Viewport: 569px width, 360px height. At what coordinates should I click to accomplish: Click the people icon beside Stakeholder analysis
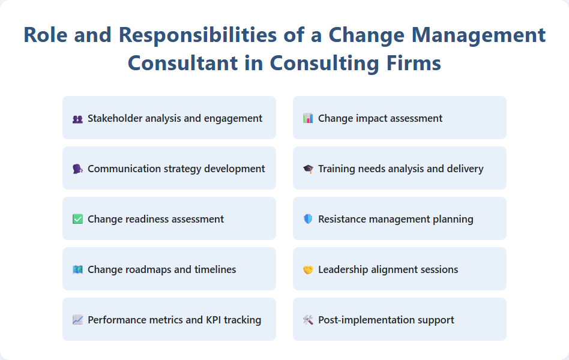tap(77, 119)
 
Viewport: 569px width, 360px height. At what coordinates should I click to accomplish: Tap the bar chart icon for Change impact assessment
tap(308, 119)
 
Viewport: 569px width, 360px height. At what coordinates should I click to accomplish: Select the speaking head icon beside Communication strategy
tap(77, 169)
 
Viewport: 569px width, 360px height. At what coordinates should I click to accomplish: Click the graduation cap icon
tap(308, 169)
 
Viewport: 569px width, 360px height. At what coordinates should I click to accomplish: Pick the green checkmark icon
tap(77, 220)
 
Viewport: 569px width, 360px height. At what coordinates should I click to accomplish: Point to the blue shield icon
tap(308, 220)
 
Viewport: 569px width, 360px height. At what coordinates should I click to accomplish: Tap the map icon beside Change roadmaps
tap(77, 270)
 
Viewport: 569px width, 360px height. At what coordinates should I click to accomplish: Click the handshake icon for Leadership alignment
tap(308, 270)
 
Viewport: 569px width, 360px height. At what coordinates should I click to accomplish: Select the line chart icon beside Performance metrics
tap(77, 320)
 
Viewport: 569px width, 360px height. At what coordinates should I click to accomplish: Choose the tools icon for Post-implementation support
tap(308, 320)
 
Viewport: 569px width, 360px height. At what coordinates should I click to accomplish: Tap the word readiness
tap(137, 220)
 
